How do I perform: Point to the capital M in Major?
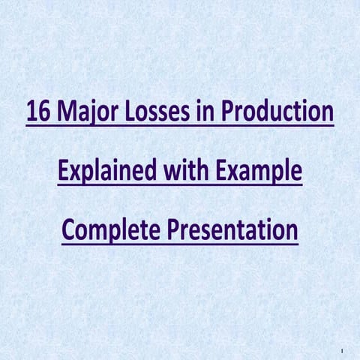coord(64,115)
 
